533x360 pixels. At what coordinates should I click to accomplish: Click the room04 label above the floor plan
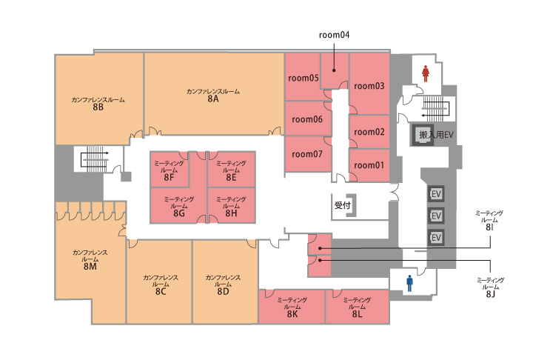coord(334,35)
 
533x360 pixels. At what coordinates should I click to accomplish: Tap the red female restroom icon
coord(425,73)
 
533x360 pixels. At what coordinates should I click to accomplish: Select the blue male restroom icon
coord(409,284)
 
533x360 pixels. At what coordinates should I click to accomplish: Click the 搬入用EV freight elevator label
coord(436,135)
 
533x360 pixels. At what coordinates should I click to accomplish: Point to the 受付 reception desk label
coord(342,205)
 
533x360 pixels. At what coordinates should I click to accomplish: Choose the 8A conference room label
coord(213,96)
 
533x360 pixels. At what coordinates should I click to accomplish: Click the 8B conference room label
coord(98,104)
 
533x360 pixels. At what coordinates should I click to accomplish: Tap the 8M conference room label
coord(90,259)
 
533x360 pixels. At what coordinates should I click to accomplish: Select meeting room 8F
coord(169,170)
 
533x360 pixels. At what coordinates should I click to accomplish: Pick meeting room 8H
coord(231,206)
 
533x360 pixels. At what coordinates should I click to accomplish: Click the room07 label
coord(307,154)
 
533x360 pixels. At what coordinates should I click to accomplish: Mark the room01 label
coord(369,165)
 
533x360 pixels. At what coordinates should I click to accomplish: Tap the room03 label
coord(369,86)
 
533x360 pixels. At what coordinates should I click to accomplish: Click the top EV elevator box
coord(436,194)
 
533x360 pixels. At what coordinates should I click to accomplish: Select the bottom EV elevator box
coord(436,238)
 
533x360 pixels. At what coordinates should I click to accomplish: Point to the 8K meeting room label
coord(292,307)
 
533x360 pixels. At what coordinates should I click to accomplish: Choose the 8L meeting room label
coord(357,307)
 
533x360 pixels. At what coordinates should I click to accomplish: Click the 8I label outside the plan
coord(489,221)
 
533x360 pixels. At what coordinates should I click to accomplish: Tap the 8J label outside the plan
coord(491,287)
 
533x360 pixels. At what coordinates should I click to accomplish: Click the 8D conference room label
coord(223,284)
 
